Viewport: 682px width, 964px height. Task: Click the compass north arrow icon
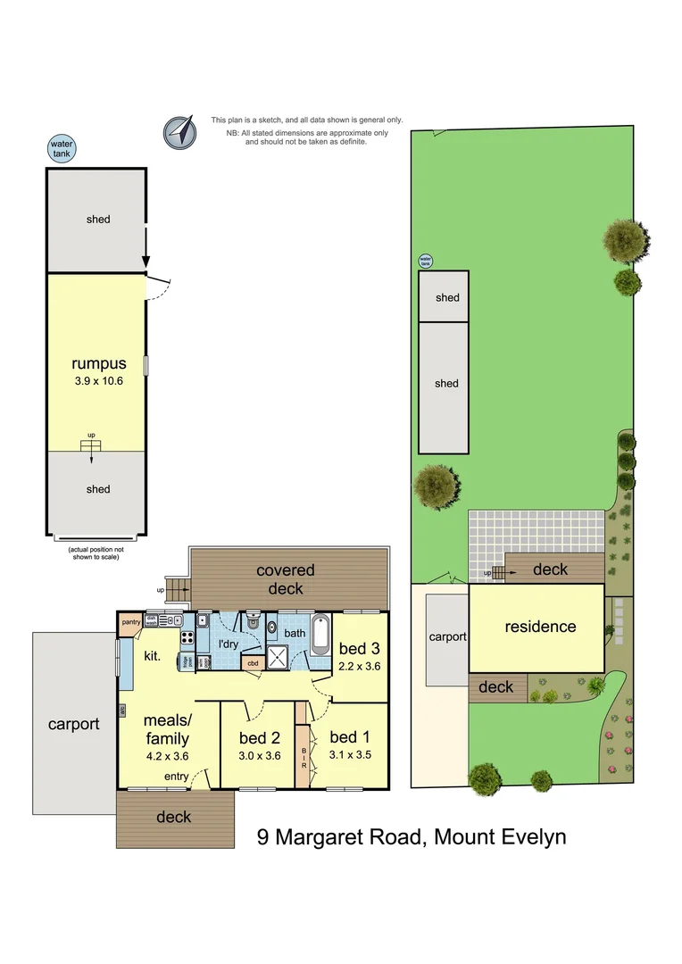pos(180,133)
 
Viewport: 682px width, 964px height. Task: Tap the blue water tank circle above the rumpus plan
pos(61,148)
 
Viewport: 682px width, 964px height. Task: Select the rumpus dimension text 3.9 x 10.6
pos(98,380)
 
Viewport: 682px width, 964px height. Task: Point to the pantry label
pos(130,622)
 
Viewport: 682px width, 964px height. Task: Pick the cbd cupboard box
pos(253,662)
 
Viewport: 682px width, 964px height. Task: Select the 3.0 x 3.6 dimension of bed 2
pos(259,755)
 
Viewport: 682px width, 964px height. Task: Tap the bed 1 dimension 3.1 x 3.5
pos(349,754)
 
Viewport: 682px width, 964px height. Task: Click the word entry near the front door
pos(176,777)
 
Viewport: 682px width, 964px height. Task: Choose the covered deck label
pos(286,579)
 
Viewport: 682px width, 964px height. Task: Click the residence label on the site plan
pos(540,627)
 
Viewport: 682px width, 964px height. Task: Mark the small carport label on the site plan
pos(447,636)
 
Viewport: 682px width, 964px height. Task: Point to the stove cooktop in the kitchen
pos(187,637)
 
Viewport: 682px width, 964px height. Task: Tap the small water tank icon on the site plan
pos(426,261)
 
